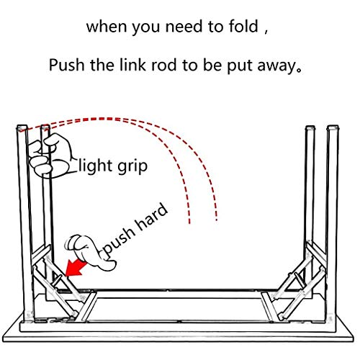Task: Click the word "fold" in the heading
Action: pos(243,26)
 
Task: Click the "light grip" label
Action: pos(113,166)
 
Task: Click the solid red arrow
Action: pos(75,268)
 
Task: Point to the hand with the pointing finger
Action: pos(90,253)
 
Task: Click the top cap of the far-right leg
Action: pos(333,128)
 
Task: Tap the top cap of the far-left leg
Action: pos(22,127)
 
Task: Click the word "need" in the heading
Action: pos(184,26)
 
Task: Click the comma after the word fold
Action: pos(266,32)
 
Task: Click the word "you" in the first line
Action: pos(146,28)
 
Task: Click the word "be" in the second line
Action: pos(212,65)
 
